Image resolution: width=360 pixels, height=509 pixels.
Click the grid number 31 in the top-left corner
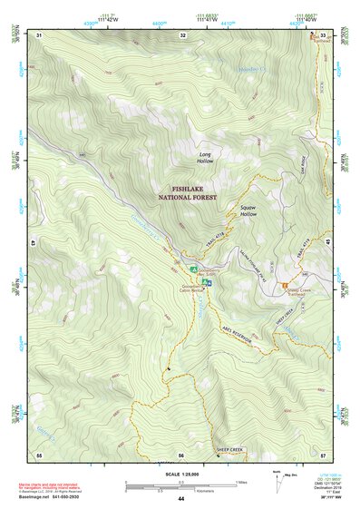pos(39,34)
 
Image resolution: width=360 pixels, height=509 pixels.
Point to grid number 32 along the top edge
pos(182,34)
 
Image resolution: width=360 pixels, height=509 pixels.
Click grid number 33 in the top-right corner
pos(324,34)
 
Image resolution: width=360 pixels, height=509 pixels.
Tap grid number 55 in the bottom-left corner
pos(39,453)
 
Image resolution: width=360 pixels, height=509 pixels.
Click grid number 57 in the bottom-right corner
pos(324,453)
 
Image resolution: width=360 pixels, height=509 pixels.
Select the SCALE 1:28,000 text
pos(181,473)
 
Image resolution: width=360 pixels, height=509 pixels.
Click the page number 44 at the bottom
pos(181,499)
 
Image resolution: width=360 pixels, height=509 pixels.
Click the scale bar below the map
pos(181,483)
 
